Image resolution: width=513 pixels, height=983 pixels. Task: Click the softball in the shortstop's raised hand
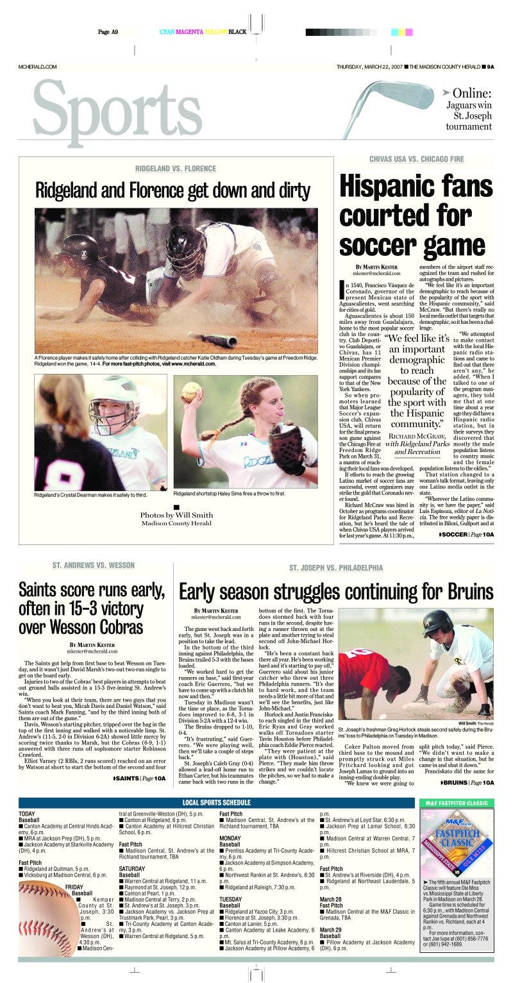pos(190,391)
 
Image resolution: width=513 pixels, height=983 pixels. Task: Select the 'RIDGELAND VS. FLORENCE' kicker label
pos(175,169)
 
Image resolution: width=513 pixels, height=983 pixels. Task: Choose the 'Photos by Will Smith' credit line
pos(176,515)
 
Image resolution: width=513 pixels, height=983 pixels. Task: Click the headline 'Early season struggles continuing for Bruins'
pos(335,591)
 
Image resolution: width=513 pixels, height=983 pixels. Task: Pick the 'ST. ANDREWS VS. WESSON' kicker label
pos(94,565)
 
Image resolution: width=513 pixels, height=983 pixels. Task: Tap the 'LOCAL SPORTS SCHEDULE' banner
pos(216,802)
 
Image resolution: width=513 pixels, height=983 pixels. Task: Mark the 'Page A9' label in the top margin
pos(108,31)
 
